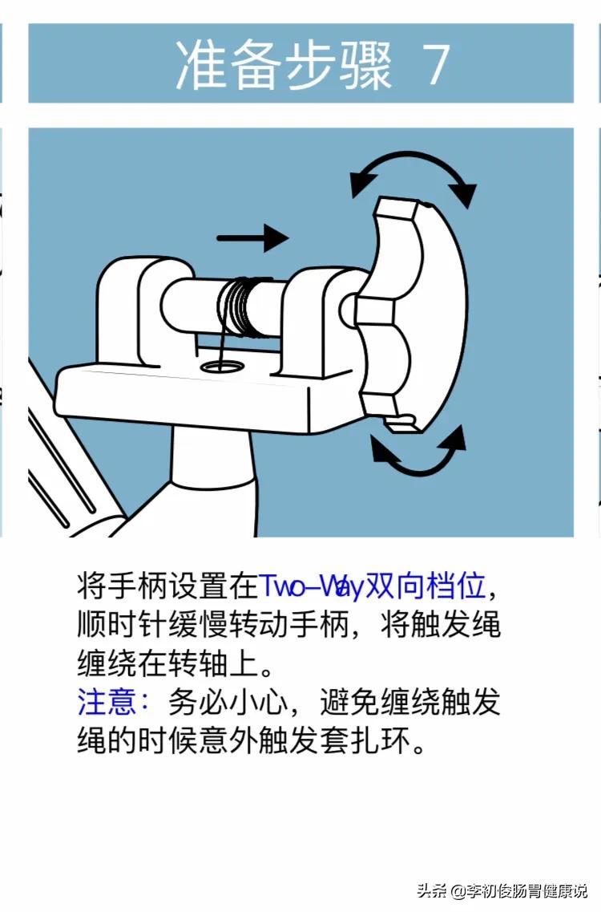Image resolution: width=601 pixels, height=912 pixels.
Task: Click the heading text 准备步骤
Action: [x=284, y=65]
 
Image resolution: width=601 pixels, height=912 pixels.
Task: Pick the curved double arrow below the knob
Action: [x=417, y=455]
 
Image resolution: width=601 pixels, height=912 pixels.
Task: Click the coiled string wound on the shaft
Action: [x=240, y=307]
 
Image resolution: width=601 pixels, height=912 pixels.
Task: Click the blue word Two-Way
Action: [x=311, y=587]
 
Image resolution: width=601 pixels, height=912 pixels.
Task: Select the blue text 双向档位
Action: [x=425, y=587]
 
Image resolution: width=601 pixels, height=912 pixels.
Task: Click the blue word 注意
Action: [x=108, y=703]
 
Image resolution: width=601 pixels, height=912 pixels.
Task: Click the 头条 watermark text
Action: [x=431, y=890]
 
